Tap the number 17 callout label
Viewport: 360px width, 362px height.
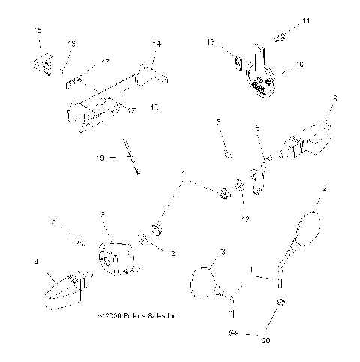[x=105, y=62]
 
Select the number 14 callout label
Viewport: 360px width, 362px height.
[x=156, y=44]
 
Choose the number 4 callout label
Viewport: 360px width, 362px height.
[x=35, y=262]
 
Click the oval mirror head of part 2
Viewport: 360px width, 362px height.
[x=310, y=225]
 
